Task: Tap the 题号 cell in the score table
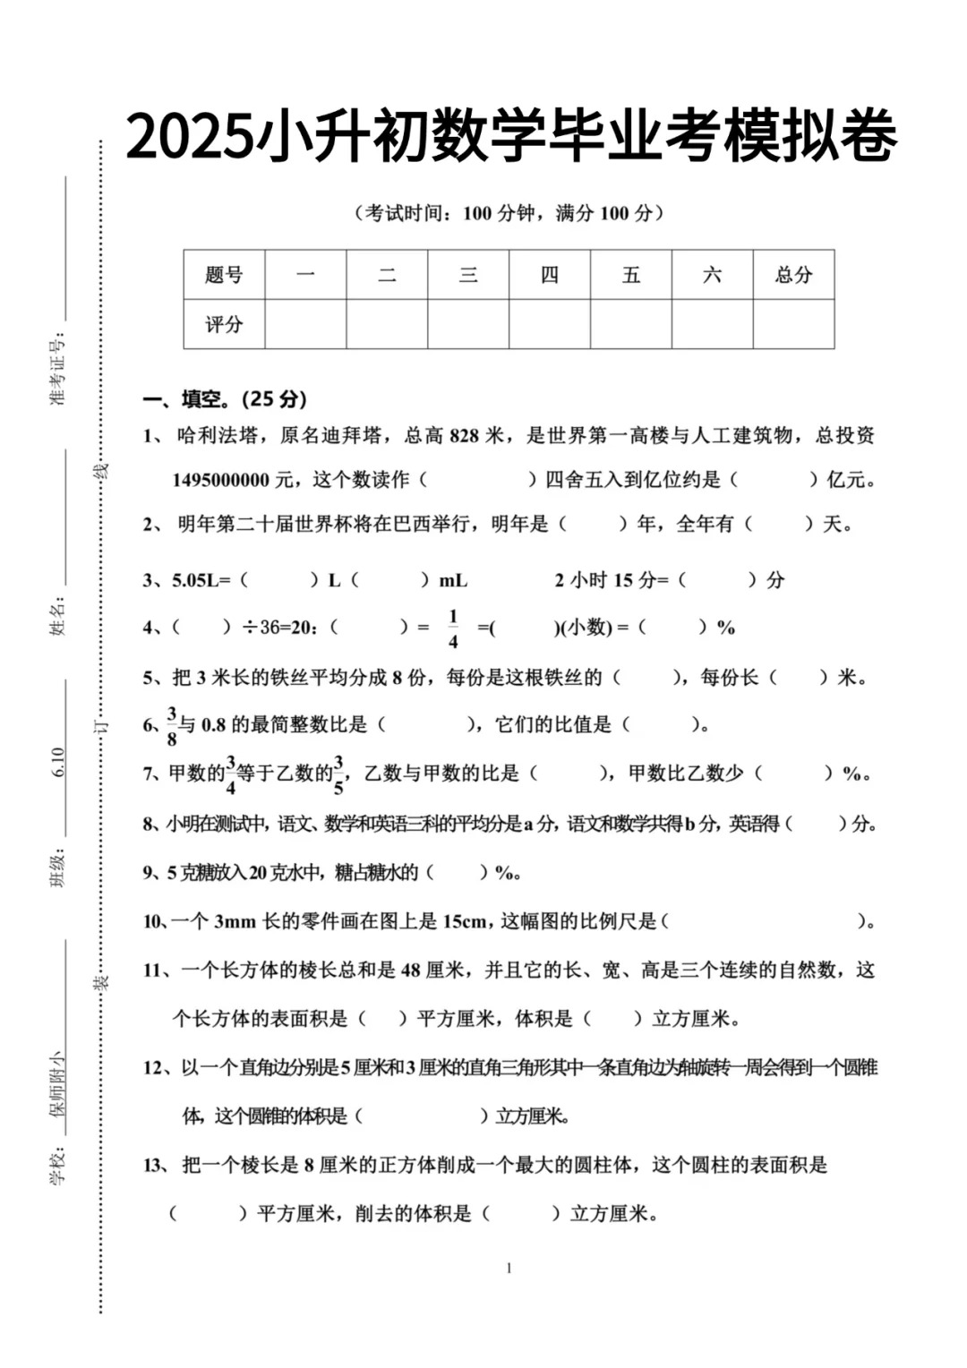tap(224, 275)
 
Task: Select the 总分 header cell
tap(793, 275)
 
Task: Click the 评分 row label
tap(224, 324)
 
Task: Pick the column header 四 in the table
tap(549, 275)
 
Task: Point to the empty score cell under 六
tap(712, 324)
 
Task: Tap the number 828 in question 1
tap(465, 436)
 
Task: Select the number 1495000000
tap(220, 480)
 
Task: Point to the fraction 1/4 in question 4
tap(453, 628)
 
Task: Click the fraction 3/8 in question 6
tap(172, 726)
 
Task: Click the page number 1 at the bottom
tap(509, 1268)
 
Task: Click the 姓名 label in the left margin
tap(58, 618)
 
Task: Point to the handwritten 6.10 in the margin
tap(58, 762)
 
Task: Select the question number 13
tap(153, 1165)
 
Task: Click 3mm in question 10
tap(235, 921)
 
